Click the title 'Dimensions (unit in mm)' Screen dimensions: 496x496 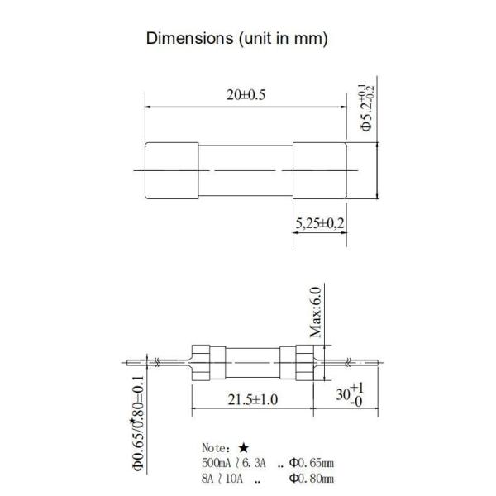tap(238, 38)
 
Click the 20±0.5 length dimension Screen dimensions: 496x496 tap(245, 96)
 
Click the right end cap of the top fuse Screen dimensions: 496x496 tap(319, 171)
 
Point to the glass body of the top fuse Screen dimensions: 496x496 tap(246, 171)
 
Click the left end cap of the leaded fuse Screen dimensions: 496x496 tap(207, 362)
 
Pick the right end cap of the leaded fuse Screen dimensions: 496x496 tap(295, 362)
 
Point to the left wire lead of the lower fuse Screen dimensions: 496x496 tap(157, 362)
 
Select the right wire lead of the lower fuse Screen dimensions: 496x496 tap(347, 362)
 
